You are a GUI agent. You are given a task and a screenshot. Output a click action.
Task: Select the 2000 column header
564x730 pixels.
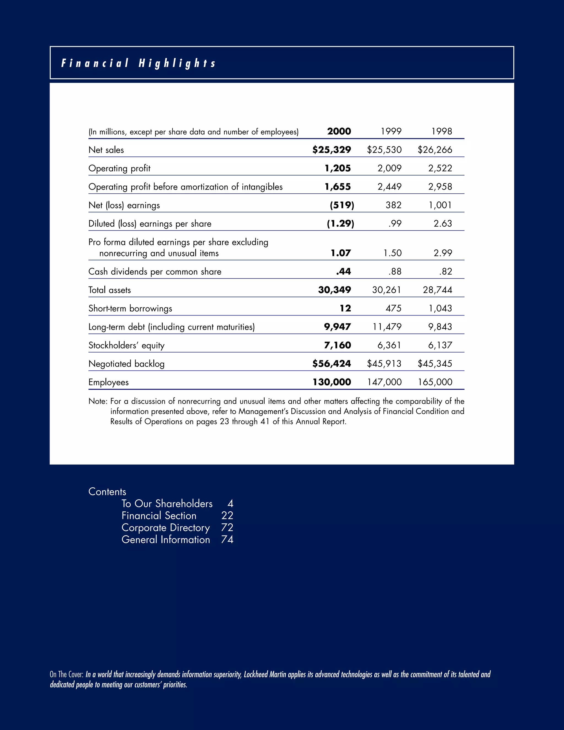339,131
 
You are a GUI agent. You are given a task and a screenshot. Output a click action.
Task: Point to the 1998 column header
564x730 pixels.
441,131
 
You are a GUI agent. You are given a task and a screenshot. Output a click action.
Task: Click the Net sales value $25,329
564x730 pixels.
332,150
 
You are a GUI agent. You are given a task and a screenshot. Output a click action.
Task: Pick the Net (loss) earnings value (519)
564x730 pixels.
342,205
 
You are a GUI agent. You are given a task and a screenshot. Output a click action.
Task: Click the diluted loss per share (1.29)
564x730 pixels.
340,223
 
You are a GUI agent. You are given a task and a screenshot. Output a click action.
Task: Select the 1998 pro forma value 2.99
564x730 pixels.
443,253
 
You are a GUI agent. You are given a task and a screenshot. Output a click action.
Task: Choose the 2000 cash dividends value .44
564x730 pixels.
343,271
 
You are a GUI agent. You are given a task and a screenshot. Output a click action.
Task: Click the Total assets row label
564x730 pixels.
110,290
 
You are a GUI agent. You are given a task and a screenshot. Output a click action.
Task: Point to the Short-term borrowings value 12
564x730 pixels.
345,308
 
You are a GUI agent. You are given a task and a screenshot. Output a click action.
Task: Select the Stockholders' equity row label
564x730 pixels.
126,345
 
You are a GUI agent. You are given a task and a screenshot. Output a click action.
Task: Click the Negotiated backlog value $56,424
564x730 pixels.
332,363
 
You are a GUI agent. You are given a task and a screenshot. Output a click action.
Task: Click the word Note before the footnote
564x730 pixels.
97,401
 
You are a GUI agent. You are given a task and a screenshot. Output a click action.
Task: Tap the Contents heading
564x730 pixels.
107,492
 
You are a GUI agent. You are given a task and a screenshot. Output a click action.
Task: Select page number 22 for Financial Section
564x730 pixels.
227,515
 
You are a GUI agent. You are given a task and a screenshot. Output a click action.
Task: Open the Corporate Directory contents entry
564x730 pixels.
166,528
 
